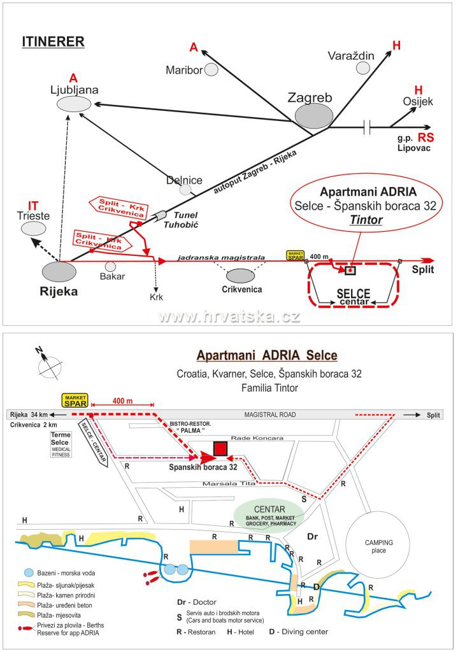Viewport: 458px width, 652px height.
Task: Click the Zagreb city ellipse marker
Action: (313, 116)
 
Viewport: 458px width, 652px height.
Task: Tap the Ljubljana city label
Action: (75, 90)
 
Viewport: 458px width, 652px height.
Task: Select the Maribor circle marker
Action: (211, 69)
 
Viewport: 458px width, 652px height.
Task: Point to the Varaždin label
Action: (350, 56)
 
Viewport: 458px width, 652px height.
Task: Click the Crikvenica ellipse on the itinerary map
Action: (240, 276)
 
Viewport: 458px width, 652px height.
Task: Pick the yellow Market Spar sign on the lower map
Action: (74, 400)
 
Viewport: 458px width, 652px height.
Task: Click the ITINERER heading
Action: (53, 42)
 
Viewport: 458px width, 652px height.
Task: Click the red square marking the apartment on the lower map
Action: (220, 448)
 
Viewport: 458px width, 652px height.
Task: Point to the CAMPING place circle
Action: (378, 546)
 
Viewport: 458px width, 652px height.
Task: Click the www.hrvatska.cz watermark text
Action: (229, 316)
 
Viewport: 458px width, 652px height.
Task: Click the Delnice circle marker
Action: (185, 189)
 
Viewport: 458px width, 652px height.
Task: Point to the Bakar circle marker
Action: (111, 266)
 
